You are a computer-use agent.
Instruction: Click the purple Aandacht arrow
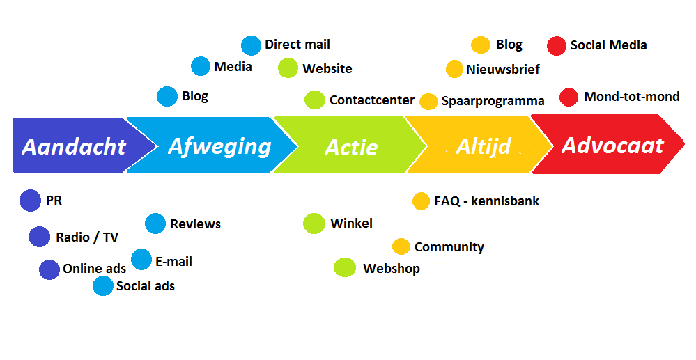tap(73, 146)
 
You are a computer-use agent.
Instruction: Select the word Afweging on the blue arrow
tap(219, 146)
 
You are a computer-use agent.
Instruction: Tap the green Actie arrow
tap(351, 147)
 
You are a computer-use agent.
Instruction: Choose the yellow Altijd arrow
tap(484, 146)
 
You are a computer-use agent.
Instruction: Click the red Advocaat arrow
tap(612, 146)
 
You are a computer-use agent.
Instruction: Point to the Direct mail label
tap(297, 45)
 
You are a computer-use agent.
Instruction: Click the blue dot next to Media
tap(201, 66)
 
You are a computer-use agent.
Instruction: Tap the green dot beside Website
tap(288, 68)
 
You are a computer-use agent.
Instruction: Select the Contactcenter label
tap(372, 100)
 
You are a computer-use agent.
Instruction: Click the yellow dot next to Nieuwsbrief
tap(454, 69)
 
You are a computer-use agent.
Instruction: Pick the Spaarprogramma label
tap(493, 101)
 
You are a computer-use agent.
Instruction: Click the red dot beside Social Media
tap(557, 45)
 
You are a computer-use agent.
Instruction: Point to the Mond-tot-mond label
tap(632, 97)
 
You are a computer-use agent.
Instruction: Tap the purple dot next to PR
tap(31, 201)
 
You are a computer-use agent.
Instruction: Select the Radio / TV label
tap(87, 237)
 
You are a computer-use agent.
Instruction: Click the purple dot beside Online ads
tap(49, 269)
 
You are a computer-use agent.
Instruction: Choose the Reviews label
tap(195, 224)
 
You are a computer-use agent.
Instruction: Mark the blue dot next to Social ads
tap(103, 286)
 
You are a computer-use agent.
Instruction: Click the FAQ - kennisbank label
tap(486, 201)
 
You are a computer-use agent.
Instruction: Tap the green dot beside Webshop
tap(345, 267)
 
